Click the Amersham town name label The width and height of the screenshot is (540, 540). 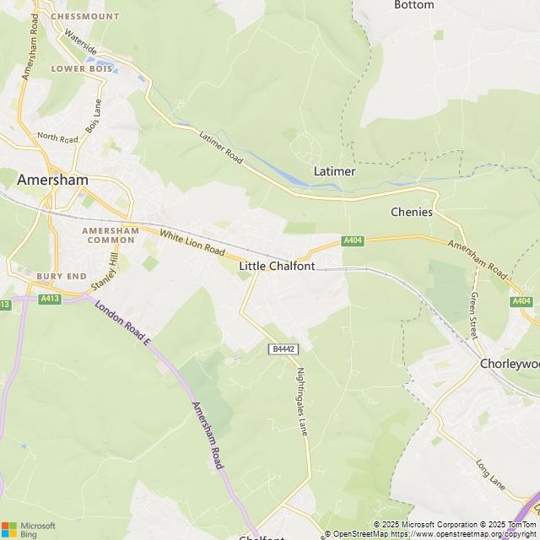(52, 179)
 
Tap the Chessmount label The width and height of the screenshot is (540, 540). (85, 16)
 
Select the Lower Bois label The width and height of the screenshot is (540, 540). (83, 68)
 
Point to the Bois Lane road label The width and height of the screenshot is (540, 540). (93, 117)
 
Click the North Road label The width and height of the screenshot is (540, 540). (57, 137)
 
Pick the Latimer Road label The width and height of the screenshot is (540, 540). (221, 147)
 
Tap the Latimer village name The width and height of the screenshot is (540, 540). (334, 171)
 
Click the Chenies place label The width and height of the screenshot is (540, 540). (412, 212)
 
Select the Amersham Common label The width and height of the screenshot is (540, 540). (111, 235)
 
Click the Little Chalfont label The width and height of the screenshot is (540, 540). (277, 266)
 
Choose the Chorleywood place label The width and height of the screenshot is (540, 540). (509, 363)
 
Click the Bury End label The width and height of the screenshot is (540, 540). (62, 276)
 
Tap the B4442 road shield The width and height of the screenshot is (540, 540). (283, 348)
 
